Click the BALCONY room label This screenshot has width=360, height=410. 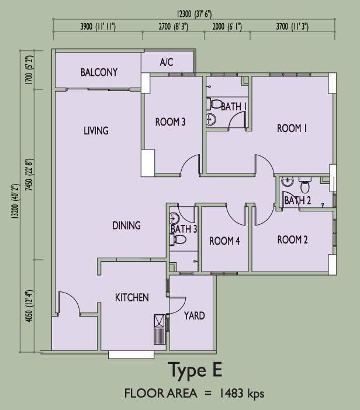[99, 72]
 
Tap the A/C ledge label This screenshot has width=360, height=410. [167, 62]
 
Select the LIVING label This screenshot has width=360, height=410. [96, 130]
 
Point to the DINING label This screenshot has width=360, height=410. [126, 225]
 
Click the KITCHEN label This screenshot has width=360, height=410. [132, 297]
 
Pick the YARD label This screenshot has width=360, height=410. [195, 315]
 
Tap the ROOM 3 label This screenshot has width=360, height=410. [170, 122]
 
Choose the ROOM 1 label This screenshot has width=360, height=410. [292, 128]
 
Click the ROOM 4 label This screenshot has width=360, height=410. [224, 241]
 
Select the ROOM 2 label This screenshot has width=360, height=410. [292, 239]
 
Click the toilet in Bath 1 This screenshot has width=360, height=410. [214, 103]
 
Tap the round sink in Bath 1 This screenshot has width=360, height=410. [211, 120]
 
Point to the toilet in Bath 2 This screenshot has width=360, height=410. [305, 185]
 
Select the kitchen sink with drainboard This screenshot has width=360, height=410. [160, 329]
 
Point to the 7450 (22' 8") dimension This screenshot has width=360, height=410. [30, 175]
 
